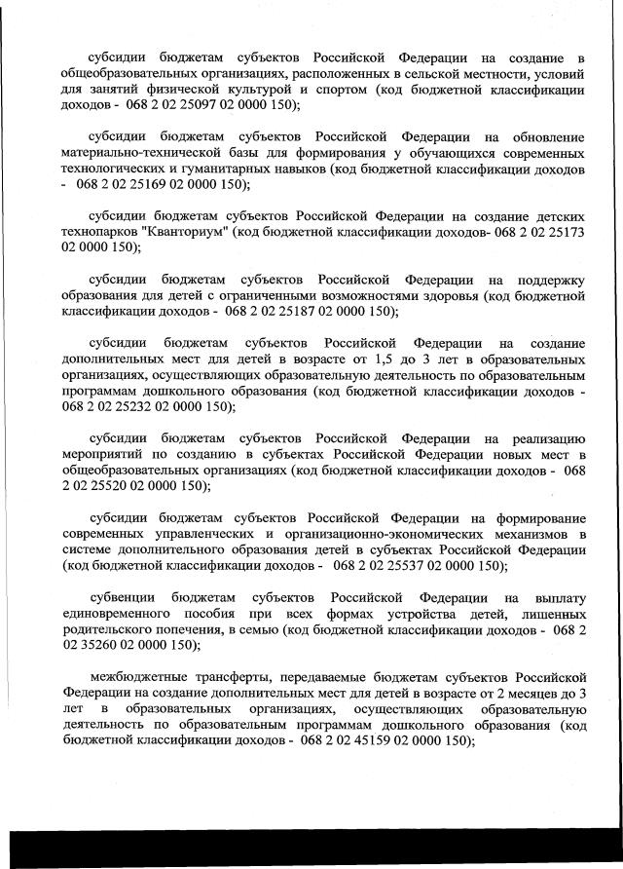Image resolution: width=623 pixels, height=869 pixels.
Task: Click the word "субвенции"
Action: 122,597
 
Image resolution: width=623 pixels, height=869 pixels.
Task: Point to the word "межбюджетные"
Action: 137,676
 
